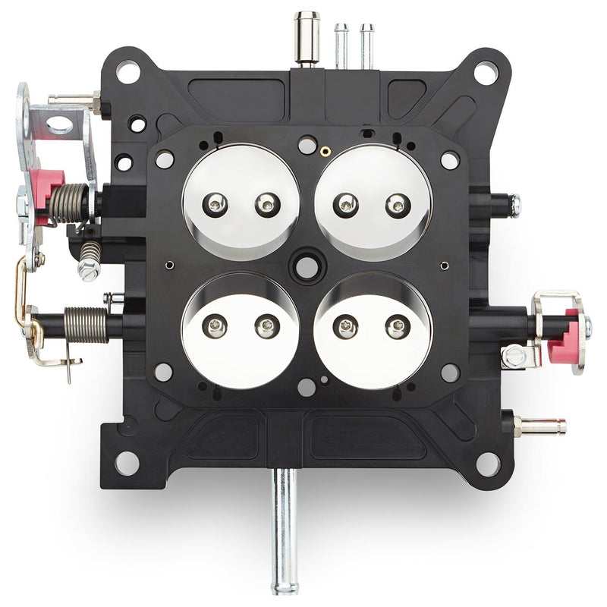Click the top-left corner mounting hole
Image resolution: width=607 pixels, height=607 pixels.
[x=127, y=73]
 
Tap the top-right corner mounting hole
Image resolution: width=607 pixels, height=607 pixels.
[x=486, y=73]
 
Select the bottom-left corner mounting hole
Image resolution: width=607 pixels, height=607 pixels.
[x=127, y=462]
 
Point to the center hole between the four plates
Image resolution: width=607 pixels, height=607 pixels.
[x=307, y=267]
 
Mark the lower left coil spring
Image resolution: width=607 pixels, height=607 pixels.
[x=86, y=324]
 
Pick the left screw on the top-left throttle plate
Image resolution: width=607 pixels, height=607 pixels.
[x=217, y=203]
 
